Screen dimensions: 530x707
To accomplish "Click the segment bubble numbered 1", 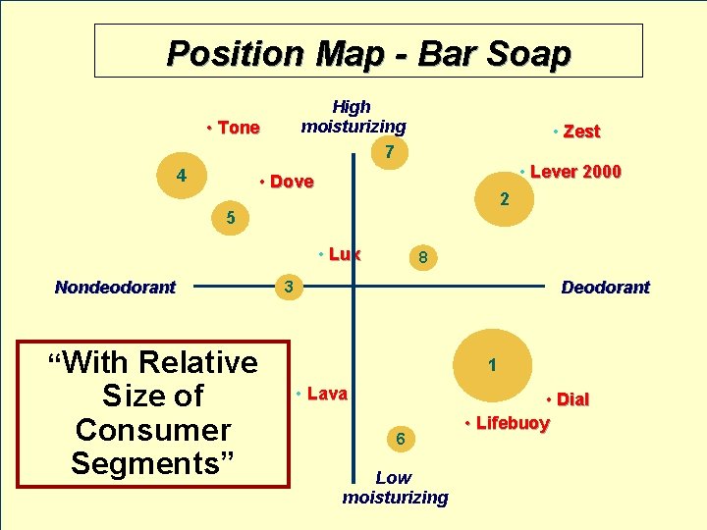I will (x=492, y=366).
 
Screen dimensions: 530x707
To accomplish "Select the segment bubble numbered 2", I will (x=504, y=200).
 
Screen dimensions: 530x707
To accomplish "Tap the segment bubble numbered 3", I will (x=288, y=288).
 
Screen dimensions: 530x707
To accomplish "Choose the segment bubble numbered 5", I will (x=230, y=218).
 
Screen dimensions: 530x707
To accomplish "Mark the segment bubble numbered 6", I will (x=401, y=439).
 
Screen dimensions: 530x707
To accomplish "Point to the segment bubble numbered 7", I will (x=390, y=152).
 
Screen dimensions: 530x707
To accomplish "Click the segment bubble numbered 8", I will (x=421, y=258).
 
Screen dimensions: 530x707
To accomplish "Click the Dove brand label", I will (x=291, y=182).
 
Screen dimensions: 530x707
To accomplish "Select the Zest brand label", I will (x=581, y=132).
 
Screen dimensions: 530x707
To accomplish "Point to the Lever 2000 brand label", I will (x=574, y=172).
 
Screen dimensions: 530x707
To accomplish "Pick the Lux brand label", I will (x=344, y=254).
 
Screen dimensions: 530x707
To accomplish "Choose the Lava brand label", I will (x=327, y=394).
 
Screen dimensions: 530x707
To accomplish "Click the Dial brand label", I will (x=571, y=399).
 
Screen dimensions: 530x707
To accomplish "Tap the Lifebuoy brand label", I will (x=513, y=423).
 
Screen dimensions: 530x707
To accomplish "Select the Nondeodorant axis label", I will (x=115, y=288).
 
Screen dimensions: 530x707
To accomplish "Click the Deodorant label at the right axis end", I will (x=605, y=288).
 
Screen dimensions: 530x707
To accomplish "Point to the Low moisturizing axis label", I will (x=395, y=488).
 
